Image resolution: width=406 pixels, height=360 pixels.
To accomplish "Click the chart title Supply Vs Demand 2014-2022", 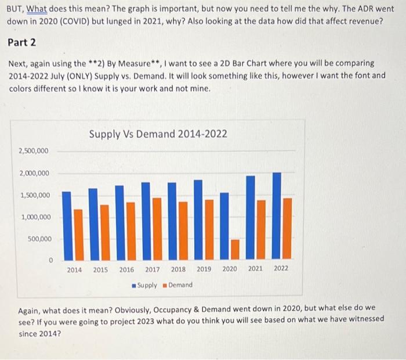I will [x=158, y=134].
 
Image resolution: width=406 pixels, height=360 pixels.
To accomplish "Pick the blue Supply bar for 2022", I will [x=277, y=215].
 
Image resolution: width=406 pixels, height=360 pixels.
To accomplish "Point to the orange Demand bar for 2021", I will [x=261, y=229].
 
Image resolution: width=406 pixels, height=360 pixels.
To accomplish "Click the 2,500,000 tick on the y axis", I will [x=34, y=151].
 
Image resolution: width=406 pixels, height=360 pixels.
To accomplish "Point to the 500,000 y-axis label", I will [x=39, y=239].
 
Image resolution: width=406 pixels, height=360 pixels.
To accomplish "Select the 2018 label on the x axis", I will [x=178, y=269].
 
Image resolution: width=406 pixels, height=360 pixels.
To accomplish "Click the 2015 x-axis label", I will [x=100, y=269].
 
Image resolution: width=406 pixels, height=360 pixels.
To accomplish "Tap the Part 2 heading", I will [x=23, y=43].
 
